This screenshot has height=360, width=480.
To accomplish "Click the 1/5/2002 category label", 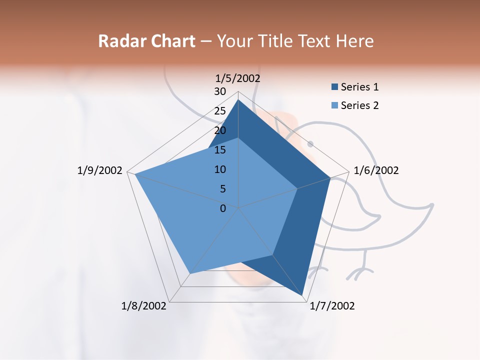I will [238, 78].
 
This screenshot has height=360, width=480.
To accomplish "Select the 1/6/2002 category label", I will [376, 170].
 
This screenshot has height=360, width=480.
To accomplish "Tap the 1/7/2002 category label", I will [332, 306].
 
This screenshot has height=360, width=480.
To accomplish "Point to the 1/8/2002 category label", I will [144, 306].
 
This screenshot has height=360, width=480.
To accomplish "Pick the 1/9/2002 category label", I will [100, 170].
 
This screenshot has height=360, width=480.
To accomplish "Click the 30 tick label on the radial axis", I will [220, 91].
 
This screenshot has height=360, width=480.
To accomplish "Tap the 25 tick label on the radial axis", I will [220, 111].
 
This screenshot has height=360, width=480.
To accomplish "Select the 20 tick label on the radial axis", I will [220, 130].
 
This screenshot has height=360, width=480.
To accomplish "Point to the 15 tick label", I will [220, 150].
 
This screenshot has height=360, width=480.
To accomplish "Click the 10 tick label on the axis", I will [220, 169].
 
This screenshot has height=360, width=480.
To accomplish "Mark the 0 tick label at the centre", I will [223, 208].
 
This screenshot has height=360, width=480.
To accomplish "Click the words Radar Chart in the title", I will [146, 41].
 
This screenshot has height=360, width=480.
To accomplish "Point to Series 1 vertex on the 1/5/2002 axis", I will [238, 99].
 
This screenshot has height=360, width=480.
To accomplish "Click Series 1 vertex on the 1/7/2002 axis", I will [302, 296].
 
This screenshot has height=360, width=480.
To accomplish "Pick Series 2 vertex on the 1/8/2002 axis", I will [189, 273].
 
